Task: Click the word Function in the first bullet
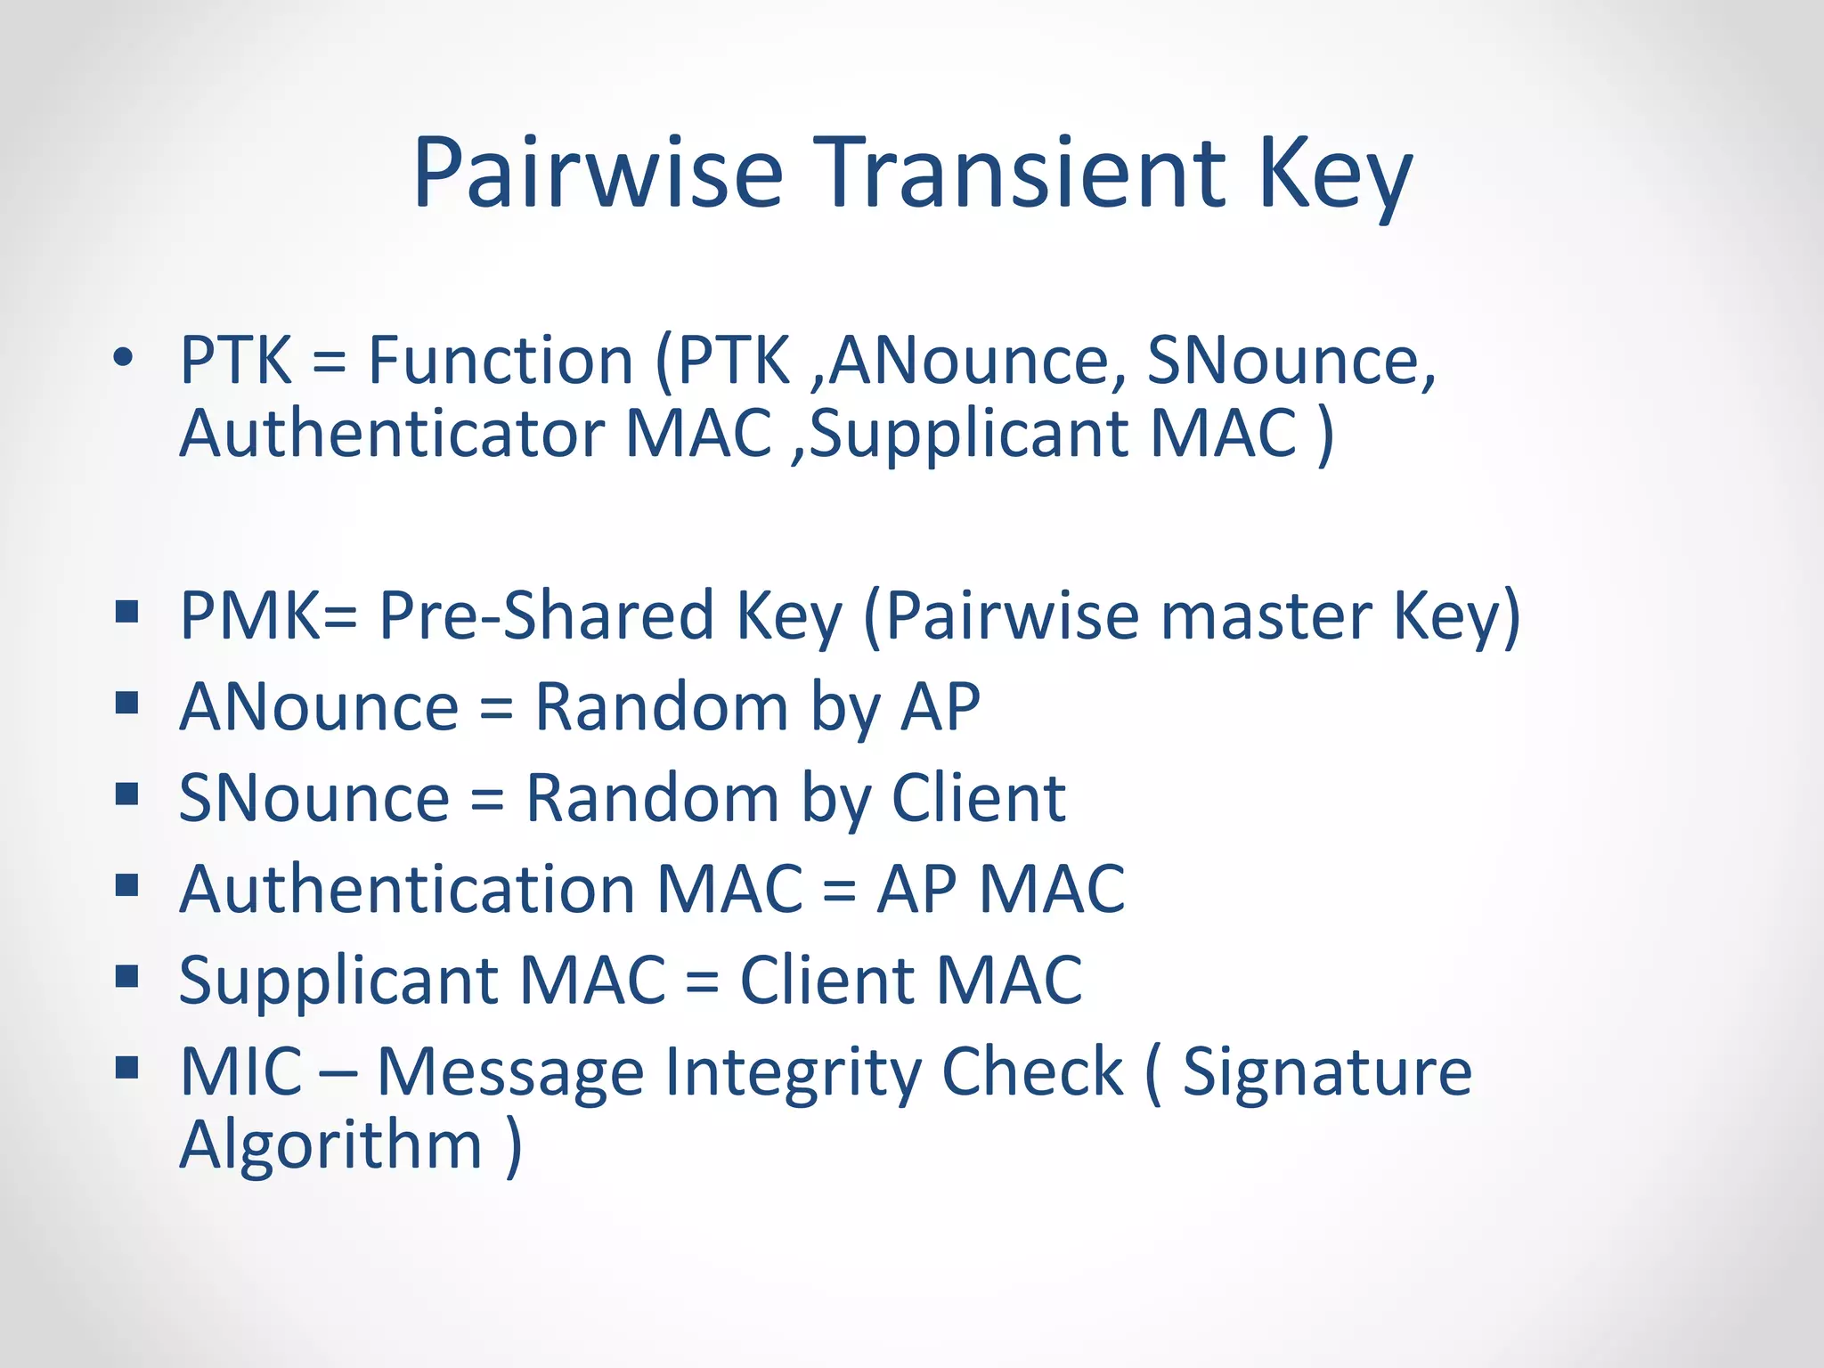point(501,361)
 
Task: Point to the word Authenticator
point(392,434)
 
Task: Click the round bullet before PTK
point(123,358)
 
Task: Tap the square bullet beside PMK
point(127,612)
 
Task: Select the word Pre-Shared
point(547,615)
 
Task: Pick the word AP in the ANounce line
point(940,707)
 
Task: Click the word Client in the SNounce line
point(978,798)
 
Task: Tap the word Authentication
point(407,889)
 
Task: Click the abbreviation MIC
point(240,1071)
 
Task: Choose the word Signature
point(1327,1071)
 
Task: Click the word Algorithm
point(330,1146)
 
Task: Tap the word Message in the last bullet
point(510,1073)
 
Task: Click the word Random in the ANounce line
point(661,707)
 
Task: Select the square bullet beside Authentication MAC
point(127,885)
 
